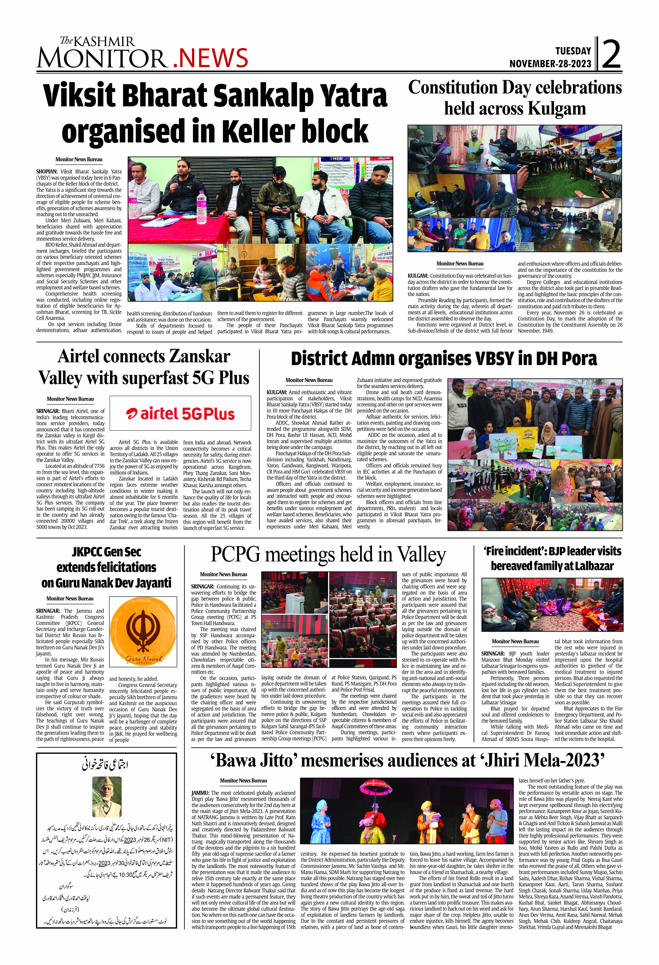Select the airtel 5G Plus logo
pos(180,413)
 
